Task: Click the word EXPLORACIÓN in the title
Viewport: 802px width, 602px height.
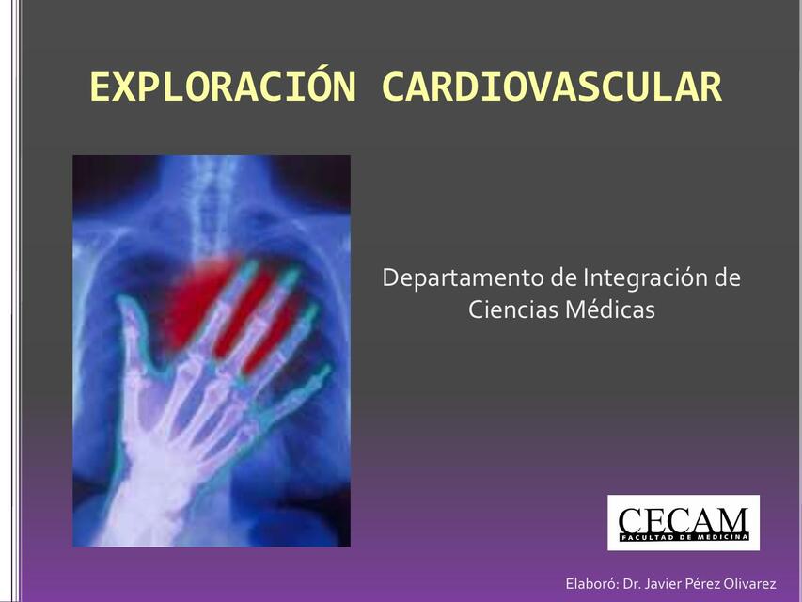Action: pos(224,87)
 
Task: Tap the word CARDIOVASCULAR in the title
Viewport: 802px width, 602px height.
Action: pos(552,87)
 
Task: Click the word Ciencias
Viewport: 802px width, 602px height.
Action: pos(512,309)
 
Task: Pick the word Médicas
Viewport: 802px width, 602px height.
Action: pos(609,309)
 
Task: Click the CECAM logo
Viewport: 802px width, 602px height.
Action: pos(684,522)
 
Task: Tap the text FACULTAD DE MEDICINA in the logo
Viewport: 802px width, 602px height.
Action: pos(684,537)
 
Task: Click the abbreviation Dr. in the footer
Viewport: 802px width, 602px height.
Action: pos(632,584)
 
